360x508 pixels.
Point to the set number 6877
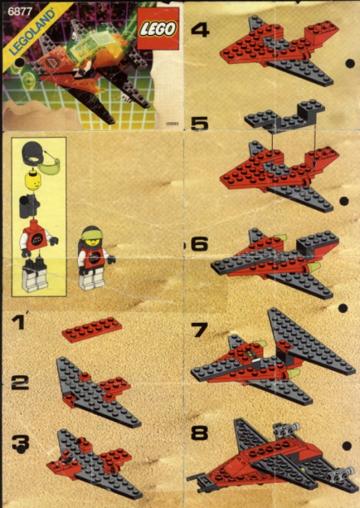12,7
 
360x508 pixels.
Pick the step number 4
199,30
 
